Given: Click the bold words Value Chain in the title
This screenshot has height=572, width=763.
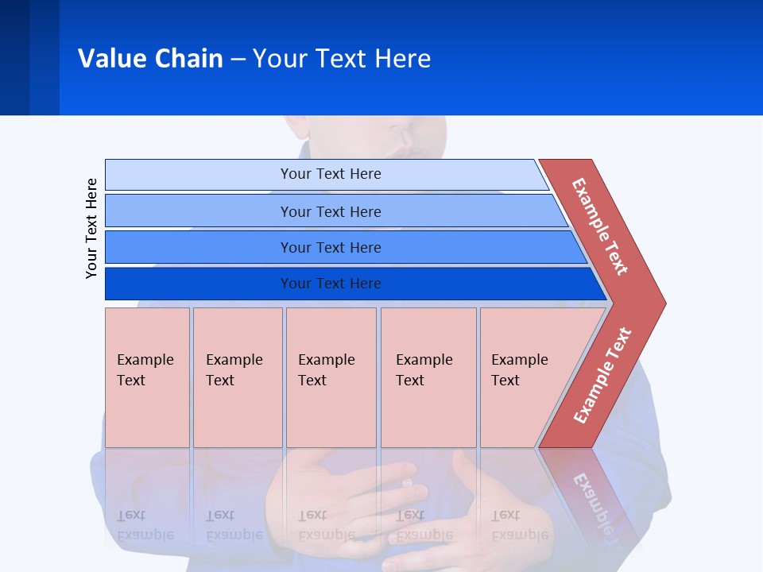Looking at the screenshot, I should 150,59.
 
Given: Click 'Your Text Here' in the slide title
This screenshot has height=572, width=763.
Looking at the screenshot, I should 342,59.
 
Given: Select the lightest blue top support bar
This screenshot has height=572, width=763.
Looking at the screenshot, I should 199,175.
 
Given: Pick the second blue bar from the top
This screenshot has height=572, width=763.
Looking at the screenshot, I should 199,211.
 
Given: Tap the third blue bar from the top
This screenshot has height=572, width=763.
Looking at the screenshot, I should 199,247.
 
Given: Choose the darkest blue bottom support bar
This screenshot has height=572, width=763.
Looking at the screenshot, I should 199,284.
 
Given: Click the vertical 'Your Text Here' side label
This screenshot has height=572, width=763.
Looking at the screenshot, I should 91,228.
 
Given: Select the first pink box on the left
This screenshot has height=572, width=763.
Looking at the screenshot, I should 147,377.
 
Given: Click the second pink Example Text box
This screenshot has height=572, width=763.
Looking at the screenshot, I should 238,377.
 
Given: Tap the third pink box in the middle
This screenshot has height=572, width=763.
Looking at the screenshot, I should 331,377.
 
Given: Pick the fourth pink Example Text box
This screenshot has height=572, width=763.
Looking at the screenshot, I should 428,377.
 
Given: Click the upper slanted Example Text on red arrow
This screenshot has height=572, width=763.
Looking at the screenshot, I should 600,226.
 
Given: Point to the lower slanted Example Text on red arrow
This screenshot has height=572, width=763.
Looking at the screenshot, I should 602,376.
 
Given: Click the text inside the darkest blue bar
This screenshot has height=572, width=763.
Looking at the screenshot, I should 331,284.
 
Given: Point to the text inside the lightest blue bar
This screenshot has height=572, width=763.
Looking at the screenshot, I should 331,174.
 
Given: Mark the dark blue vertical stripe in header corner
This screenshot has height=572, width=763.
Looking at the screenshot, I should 14,57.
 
